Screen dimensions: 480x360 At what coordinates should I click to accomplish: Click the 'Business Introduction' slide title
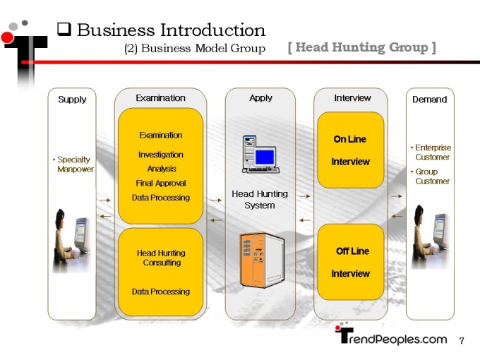tap(171, 30)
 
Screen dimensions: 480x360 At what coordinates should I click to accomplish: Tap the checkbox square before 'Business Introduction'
tap(64, 30)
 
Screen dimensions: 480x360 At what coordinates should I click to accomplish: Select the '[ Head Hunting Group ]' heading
tap(362, 47)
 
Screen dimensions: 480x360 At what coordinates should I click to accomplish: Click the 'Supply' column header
tap(72, 100)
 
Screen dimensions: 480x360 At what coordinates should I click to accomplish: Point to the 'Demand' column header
tap(429, 100)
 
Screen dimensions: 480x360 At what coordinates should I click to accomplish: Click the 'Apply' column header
tap(260, 98)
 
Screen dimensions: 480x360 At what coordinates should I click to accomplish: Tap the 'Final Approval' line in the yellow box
tap(161, 183)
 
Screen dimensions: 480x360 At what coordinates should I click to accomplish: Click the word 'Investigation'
tap(161, 155)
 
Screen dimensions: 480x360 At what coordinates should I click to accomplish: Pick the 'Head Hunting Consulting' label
tap(161, 258)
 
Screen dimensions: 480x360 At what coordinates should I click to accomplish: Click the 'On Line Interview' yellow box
tap(351, 150)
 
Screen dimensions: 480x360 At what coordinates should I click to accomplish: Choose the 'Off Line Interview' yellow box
tap(351, 262)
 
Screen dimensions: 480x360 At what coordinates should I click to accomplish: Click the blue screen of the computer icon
tap(265, 157)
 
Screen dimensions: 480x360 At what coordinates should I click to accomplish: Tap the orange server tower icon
tap(263, 260)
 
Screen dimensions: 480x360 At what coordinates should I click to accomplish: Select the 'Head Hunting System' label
tap(260, 199)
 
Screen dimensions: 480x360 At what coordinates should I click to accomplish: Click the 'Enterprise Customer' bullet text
tap(431, 152)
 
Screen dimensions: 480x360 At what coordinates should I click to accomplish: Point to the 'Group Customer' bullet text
tap(430, 176)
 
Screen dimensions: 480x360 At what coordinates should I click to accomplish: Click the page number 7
tap(462, 340)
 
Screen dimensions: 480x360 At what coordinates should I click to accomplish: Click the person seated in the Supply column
tap(63, 240)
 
